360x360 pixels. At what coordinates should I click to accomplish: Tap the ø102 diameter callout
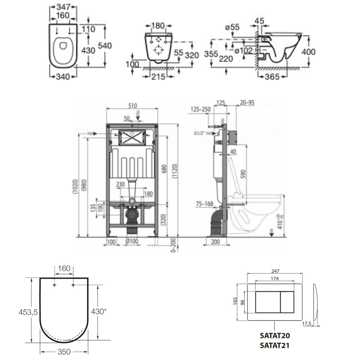(x=243, y=51)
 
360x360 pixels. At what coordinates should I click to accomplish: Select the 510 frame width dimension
(x=132, y=105)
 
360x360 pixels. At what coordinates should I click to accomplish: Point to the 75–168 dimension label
(x=204, y=203)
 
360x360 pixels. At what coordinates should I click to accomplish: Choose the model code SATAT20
(x=275, y=336)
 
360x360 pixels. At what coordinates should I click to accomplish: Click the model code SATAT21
(x=275, y=345)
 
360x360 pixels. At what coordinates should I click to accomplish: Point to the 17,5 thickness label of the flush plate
(x=307, y=324)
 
